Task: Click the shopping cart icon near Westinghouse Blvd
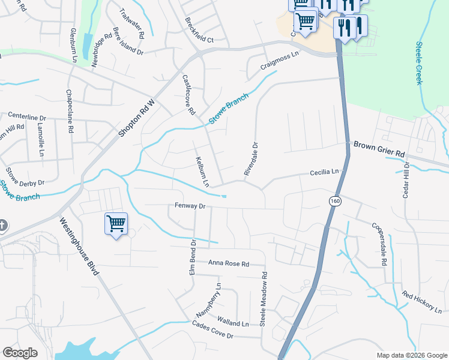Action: (x=116, y=224)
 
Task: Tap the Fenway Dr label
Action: (x=190, y=206)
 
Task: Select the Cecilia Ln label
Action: (x=324, y=172)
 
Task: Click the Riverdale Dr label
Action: (x=251, y=159)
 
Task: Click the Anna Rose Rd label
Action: (x=228, y=263)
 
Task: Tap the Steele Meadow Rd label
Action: (x=264, y=299)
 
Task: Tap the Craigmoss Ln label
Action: (x=280, y=60)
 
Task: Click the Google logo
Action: (x=20, y=353)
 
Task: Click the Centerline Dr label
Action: (x=26, y=118)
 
